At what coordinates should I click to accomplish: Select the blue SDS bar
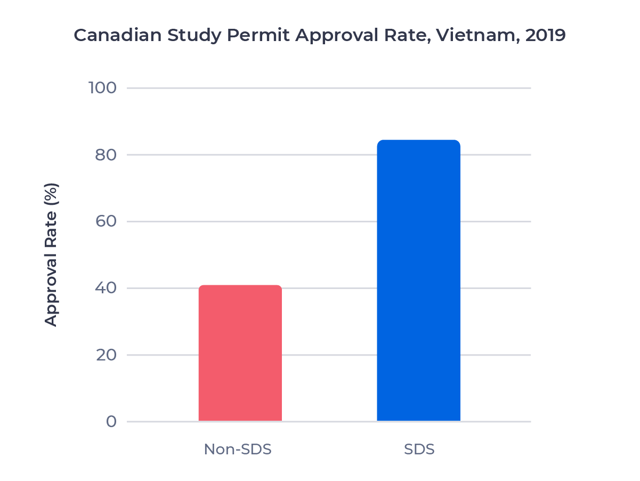point(418,281)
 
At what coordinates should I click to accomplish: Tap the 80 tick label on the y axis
point(106,155)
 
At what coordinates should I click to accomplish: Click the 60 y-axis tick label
point(106,221)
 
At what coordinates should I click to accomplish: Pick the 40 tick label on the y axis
point(106,288)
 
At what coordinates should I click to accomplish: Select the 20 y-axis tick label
point(106,355)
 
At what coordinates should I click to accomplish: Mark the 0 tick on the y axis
point(111,422)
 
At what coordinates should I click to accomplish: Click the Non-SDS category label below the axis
point(238,450)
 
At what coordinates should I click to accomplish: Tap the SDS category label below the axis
point(419,450)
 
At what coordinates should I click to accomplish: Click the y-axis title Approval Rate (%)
point(51,254)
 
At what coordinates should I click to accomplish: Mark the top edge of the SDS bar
point(418,141)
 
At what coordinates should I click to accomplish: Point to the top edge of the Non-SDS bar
point(240,286)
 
